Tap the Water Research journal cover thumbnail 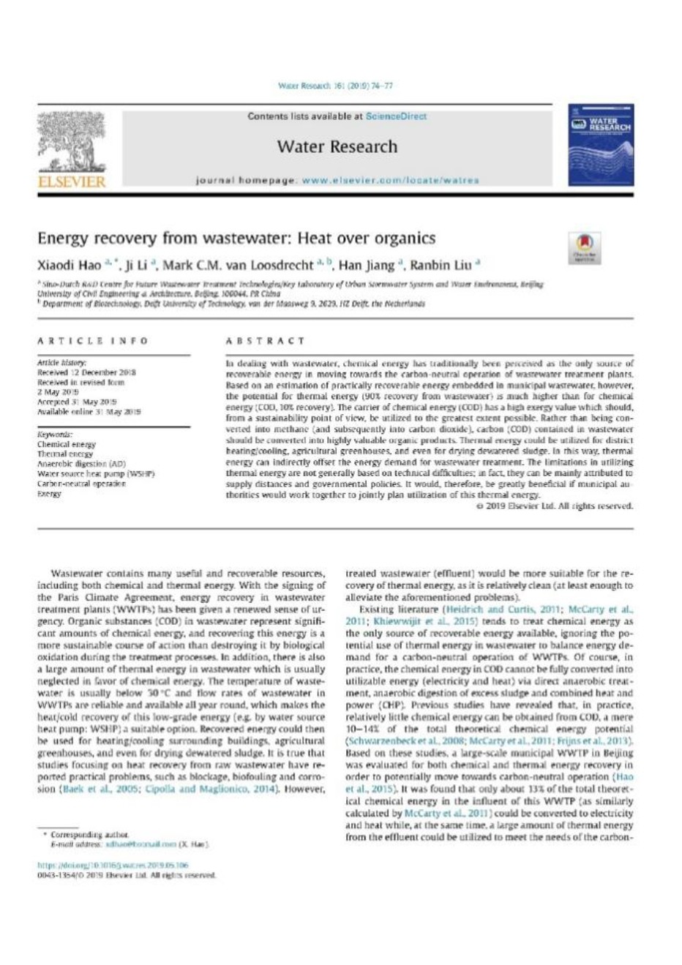(602, 145)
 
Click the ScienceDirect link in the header (396, 116)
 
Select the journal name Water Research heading (337, 146)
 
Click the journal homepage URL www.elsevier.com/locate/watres (390, 180)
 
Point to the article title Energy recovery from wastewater (236, 239)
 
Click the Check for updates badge (585, 248)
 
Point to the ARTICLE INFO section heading (93, 341)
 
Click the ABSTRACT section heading (266, 341)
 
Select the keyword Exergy (49, 495)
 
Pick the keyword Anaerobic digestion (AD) (81, 464)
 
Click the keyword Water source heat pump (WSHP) (96, 474)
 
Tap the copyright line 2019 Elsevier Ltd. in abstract (554, 506)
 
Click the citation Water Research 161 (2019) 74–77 (336, 86)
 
